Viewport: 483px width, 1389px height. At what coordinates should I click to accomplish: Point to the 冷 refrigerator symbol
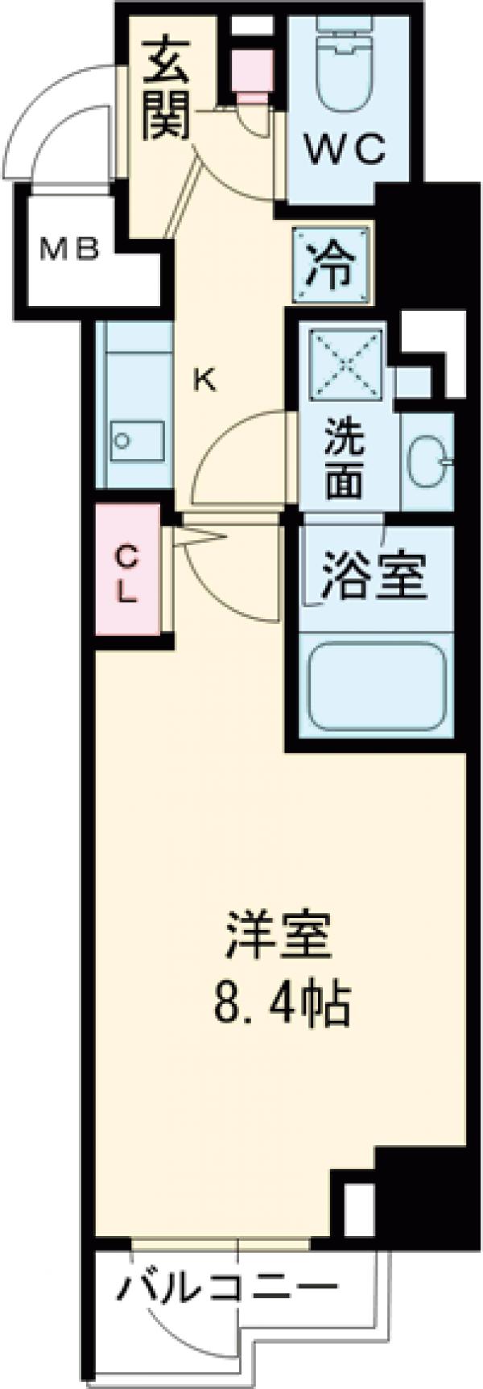click(x=331, y=267)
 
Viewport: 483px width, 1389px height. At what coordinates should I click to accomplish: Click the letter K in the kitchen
click(x=204, y=379)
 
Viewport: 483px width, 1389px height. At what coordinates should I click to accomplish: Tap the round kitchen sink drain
click(x=122, y=440)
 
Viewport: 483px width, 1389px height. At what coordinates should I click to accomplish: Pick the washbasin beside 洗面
click(x=426, y=463)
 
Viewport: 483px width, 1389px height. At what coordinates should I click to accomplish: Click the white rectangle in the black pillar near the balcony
click(x=359, y=1203)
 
